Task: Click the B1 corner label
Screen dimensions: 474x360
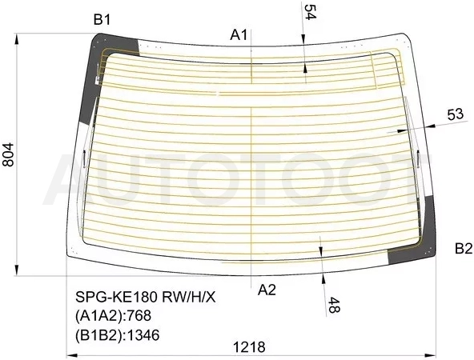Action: [102, 20]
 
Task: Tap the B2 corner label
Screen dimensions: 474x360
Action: [464, 249]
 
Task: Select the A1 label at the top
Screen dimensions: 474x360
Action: [239, 35]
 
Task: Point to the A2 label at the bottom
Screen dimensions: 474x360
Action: [267, 290]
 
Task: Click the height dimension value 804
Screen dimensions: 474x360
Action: [8, 154]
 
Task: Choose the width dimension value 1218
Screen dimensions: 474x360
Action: [249, 347]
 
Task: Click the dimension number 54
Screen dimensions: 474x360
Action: [310, 12]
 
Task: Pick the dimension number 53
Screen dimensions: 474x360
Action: [455, 114]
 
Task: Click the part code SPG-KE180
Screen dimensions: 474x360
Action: [117, 298]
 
